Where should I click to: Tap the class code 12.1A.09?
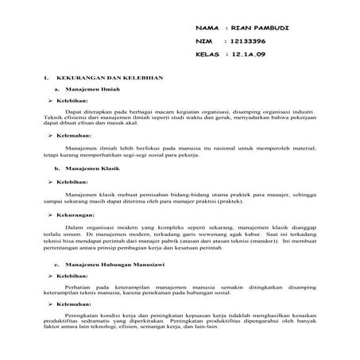(252, 54)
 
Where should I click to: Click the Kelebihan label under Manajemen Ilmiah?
(72, 102)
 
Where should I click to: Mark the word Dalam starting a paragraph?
(75, 228)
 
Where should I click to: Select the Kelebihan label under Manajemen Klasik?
(72, 182)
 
